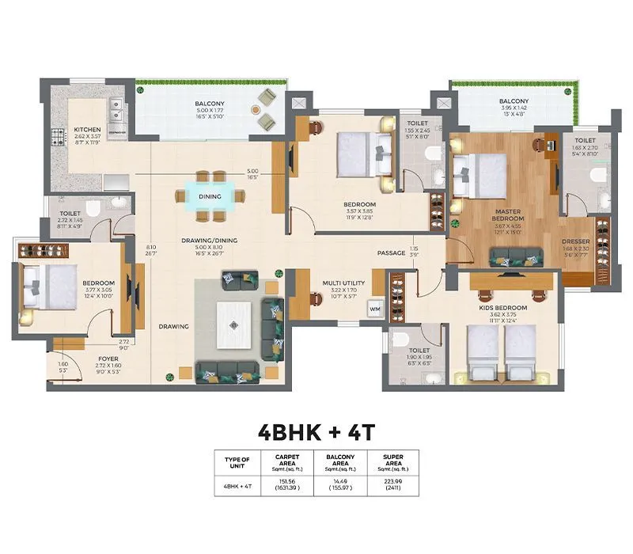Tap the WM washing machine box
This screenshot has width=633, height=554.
374,309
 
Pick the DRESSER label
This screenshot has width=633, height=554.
575,242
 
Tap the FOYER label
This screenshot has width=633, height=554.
108,358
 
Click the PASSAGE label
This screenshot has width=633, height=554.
391,253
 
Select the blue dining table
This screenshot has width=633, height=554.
210,196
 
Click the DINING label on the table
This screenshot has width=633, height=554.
210,196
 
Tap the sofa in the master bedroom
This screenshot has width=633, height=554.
516,256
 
